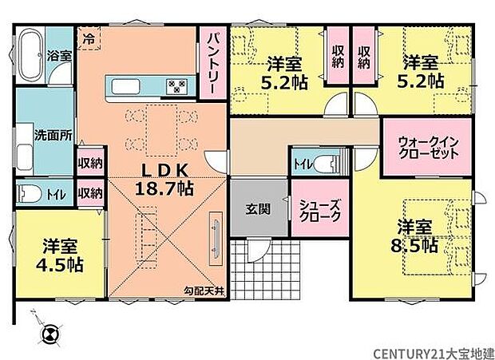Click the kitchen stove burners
pos(176,86)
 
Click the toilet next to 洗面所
pos(30,193)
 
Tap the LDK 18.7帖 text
pos(165,179)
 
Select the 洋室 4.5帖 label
pos(60,254)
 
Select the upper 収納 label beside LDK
pos(89,163)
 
